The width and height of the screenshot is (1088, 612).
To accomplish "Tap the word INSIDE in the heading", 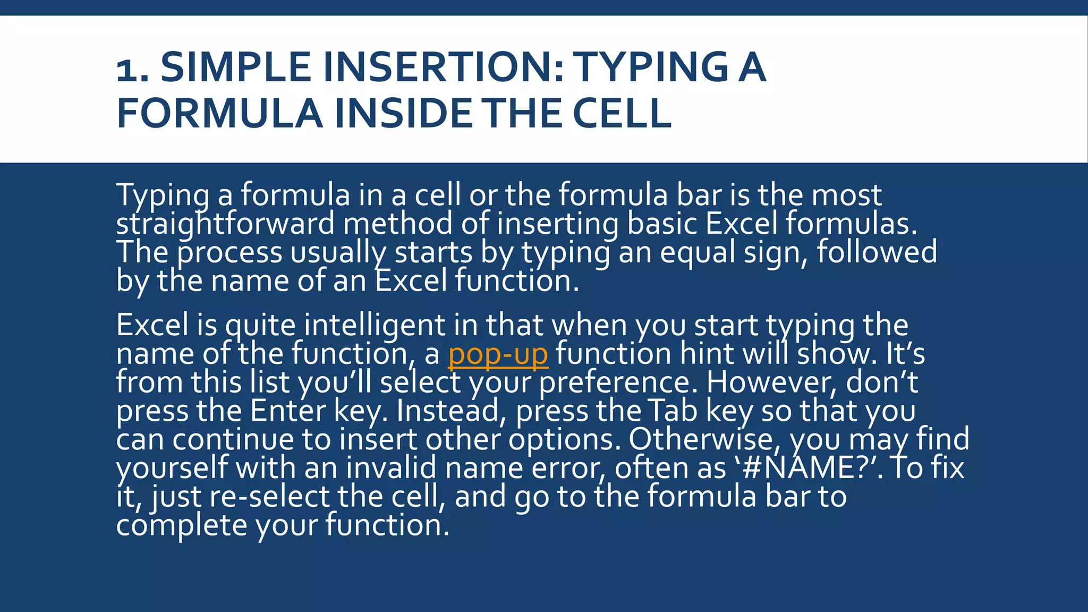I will (x=403, y=113).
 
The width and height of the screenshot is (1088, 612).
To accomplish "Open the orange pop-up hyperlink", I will (x=498, y=354).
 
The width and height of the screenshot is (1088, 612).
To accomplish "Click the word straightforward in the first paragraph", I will (x=225, y=224).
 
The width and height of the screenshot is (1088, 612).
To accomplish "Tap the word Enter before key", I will (x=287, y=411).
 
